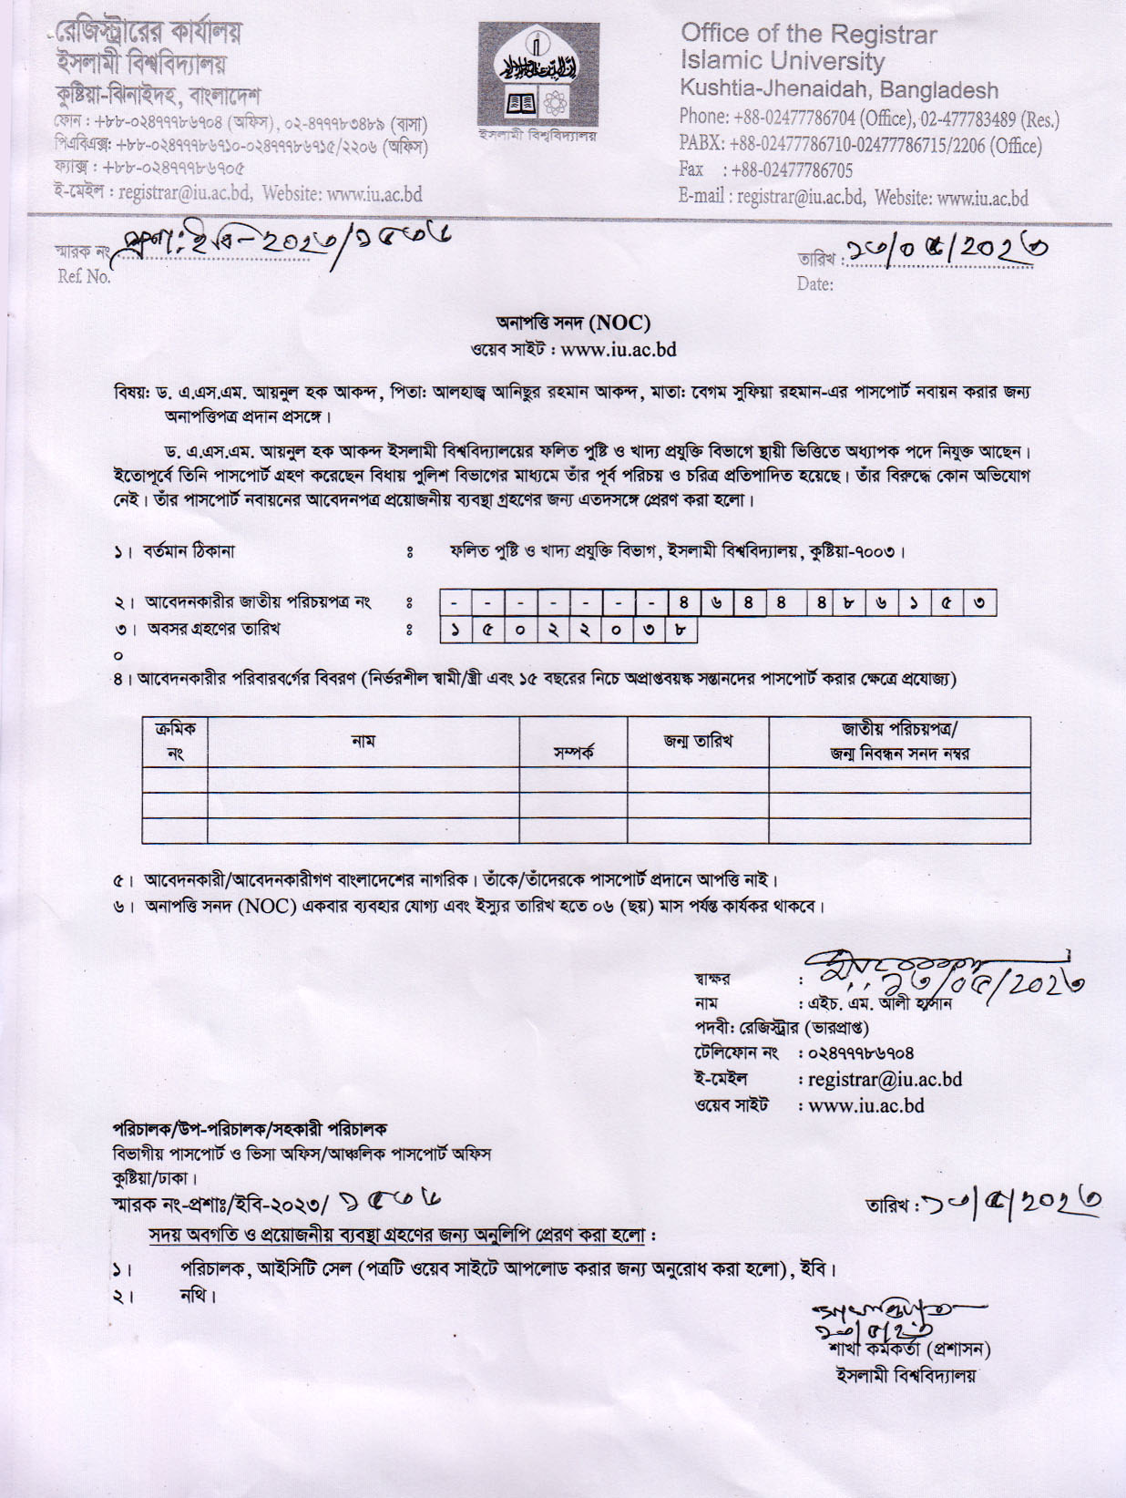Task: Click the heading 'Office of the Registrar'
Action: pos(808,34)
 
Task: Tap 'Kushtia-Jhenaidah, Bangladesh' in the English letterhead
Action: pos(838,90)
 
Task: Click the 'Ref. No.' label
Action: pos(84,277)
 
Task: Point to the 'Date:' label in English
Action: pos(814,284)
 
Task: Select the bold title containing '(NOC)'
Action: pos(573,323)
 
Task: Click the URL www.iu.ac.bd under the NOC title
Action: pos(619,349)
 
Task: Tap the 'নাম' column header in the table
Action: pos(363,741)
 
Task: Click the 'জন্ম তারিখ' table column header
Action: pos(698,740)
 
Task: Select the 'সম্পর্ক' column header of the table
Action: pos(573,754)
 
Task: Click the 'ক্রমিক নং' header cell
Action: pos(175,741)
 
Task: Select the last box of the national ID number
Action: pos(979,602)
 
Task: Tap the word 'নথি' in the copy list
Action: pos(197,1295)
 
